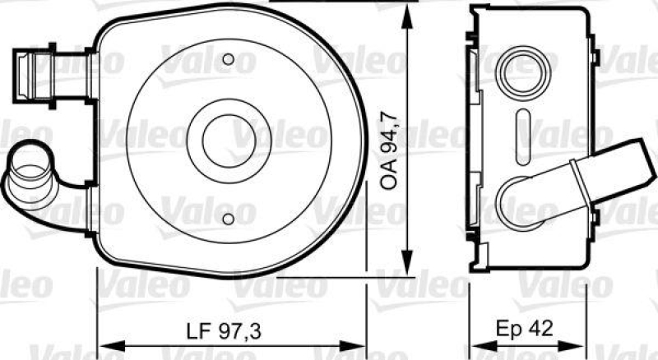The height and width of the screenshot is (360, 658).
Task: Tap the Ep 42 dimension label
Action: click(524, 329)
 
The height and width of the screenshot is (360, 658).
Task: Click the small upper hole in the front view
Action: click(229, 59)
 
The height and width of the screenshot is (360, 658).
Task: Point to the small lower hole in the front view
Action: click(229, 219)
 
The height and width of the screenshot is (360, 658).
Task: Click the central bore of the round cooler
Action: click(229, 141)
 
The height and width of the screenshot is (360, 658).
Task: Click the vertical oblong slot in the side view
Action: click(523, 136)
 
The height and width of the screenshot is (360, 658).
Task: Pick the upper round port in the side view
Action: click(523, 73)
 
